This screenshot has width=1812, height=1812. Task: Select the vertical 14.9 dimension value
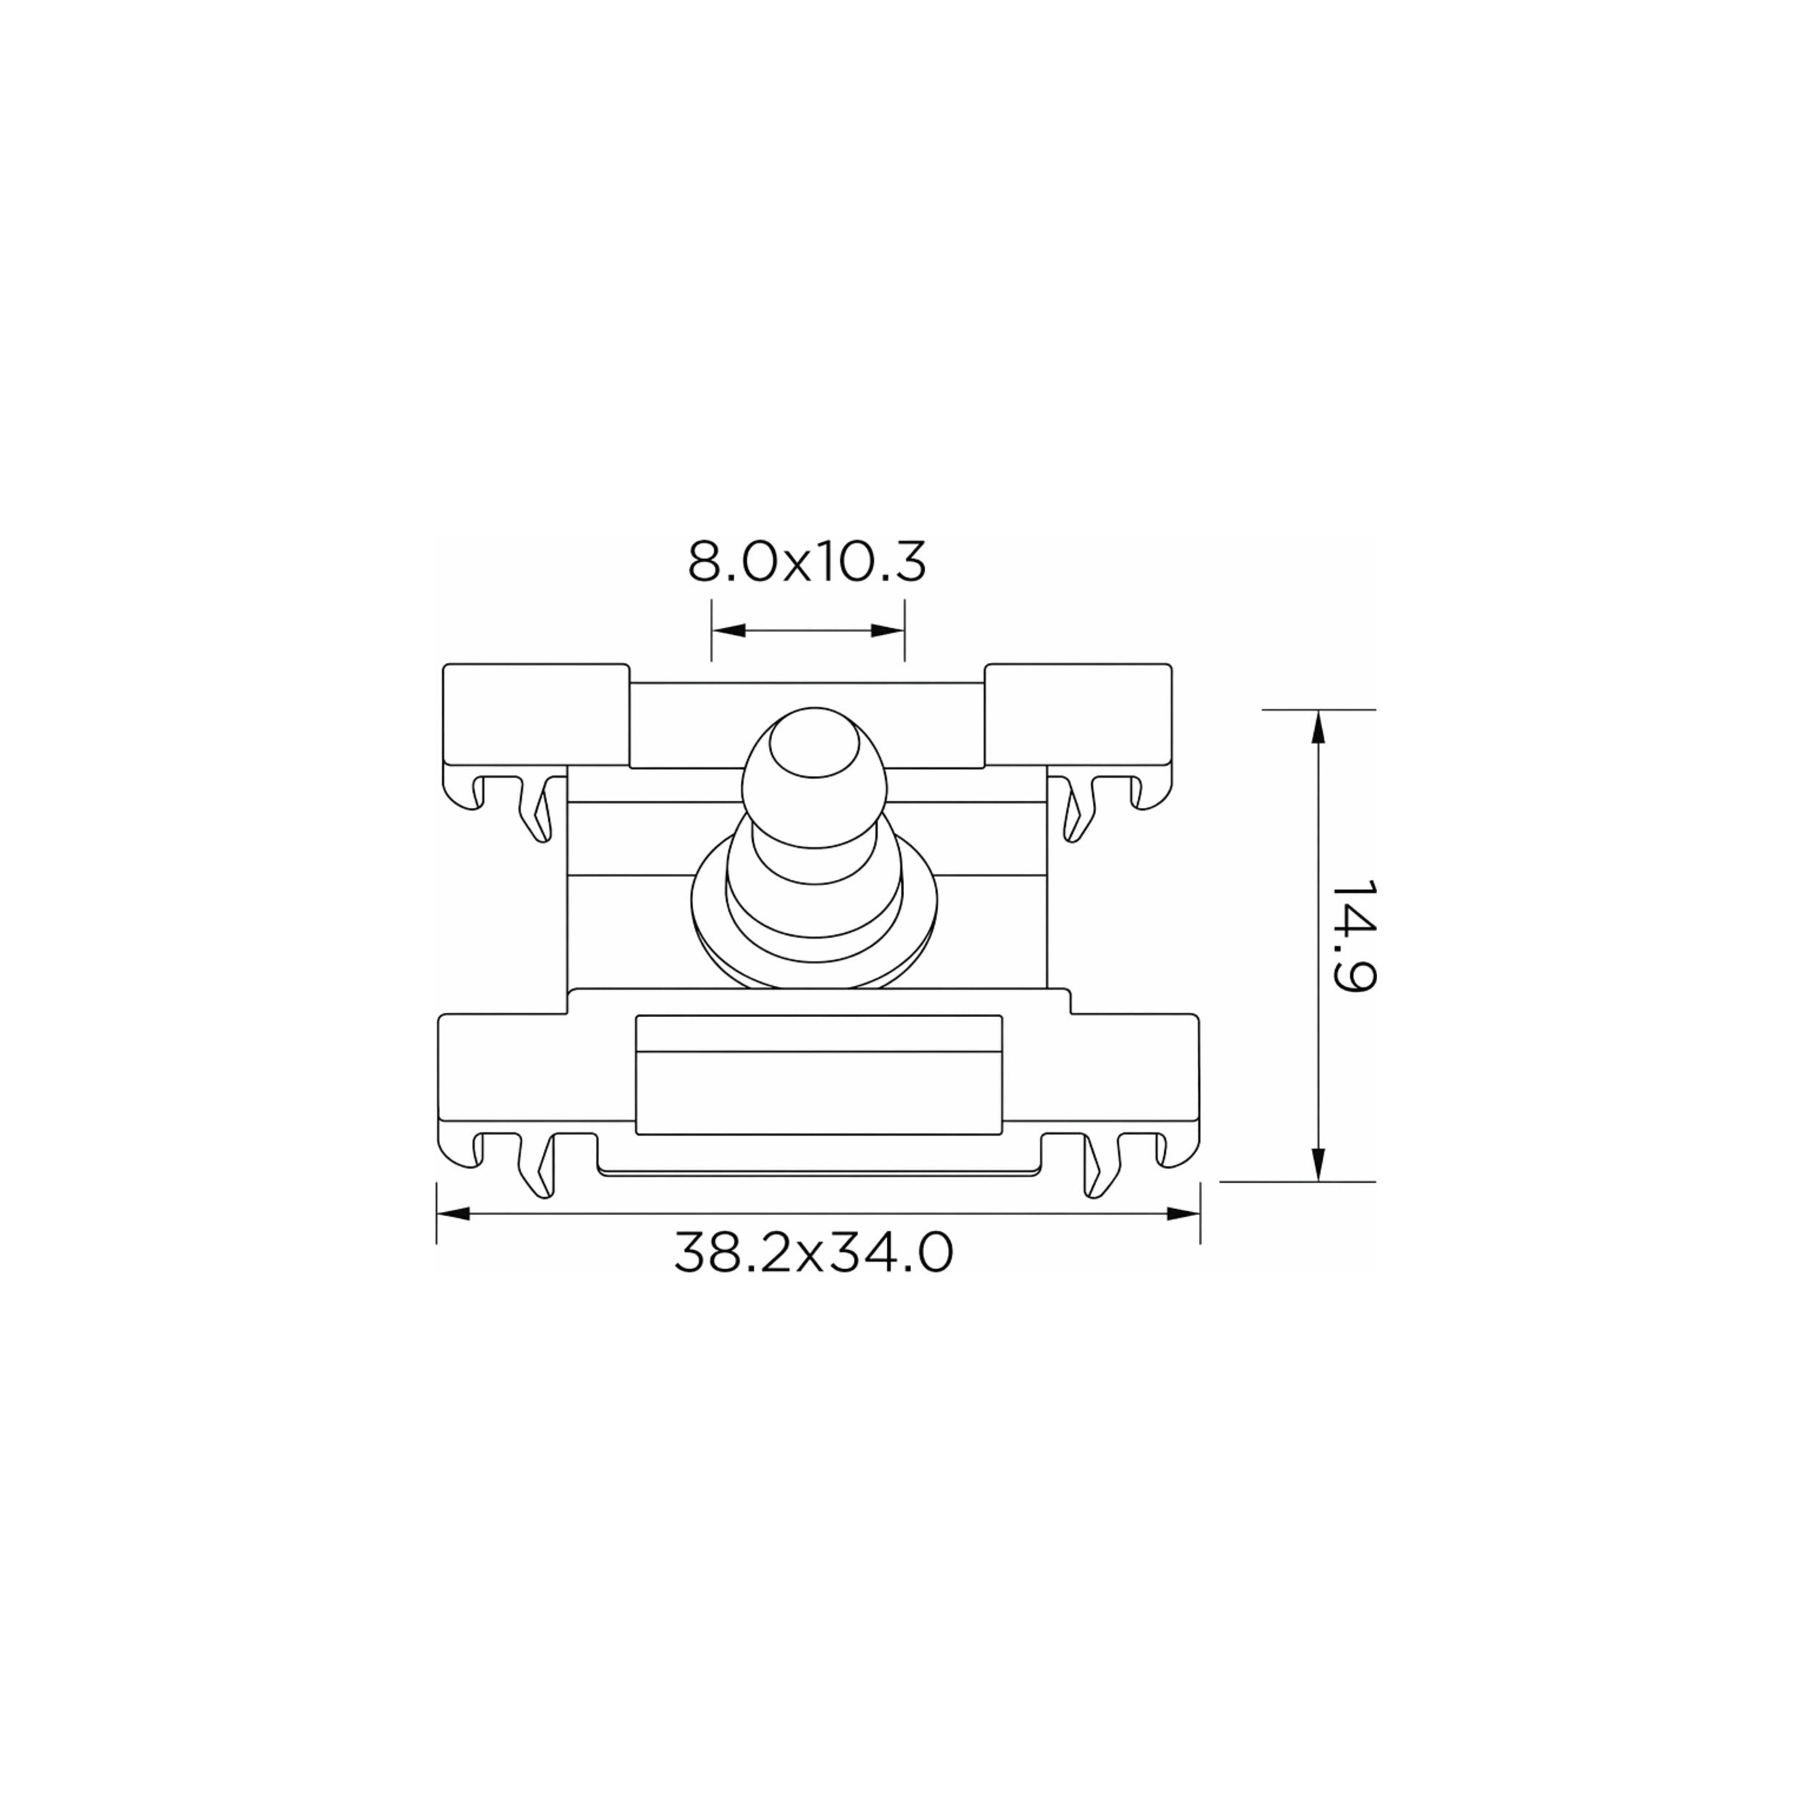(1352, 936)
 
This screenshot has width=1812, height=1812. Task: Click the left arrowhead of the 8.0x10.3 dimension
(728, 631)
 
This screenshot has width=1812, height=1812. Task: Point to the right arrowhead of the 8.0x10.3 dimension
(887, 631)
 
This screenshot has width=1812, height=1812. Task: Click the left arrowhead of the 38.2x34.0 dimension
(453, 1213)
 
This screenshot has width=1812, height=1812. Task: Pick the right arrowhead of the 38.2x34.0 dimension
(1184, 1213)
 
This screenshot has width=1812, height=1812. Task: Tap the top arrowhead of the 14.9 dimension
(1318, 727)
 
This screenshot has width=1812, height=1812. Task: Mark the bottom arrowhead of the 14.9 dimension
(1318, 1164)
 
